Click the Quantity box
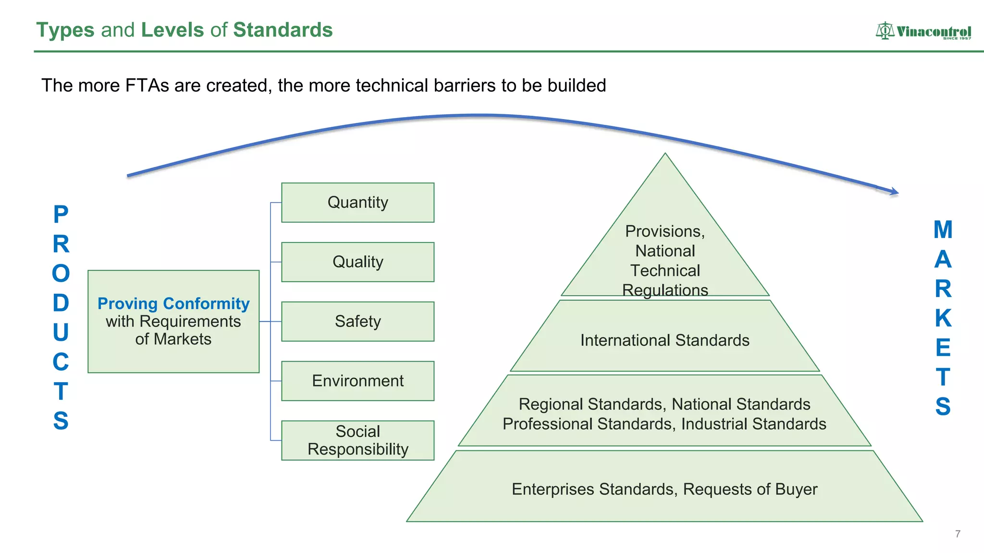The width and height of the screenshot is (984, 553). [357, 203]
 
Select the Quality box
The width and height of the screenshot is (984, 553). [357, 262]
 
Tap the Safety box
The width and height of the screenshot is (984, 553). [357, 322]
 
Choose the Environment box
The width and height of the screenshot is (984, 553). [357, 381]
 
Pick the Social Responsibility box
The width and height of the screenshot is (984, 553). [357, 440]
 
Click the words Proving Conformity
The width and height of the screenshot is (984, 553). [173, 303]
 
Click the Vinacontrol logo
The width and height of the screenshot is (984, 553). [923, 31]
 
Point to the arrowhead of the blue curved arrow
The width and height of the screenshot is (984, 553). [895, 192]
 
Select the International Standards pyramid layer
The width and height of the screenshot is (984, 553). [664, 340]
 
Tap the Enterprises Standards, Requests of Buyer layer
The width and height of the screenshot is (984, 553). [664, 489]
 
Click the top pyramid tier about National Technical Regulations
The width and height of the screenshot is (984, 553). [665, 260]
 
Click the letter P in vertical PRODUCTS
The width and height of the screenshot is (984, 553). [61, 215]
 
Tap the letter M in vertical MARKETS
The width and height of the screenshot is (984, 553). [943, 230]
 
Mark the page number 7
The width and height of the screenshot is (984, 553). [958, 534]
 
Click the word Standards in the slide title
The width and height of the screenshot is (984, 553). [283, 30]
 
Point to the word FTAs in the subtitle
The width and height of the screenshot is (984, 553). [147, 85]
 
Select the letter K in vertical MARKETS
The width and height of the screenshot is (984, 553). [943, 318]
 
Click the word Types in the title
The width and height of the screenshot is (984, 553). [65, 30]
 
